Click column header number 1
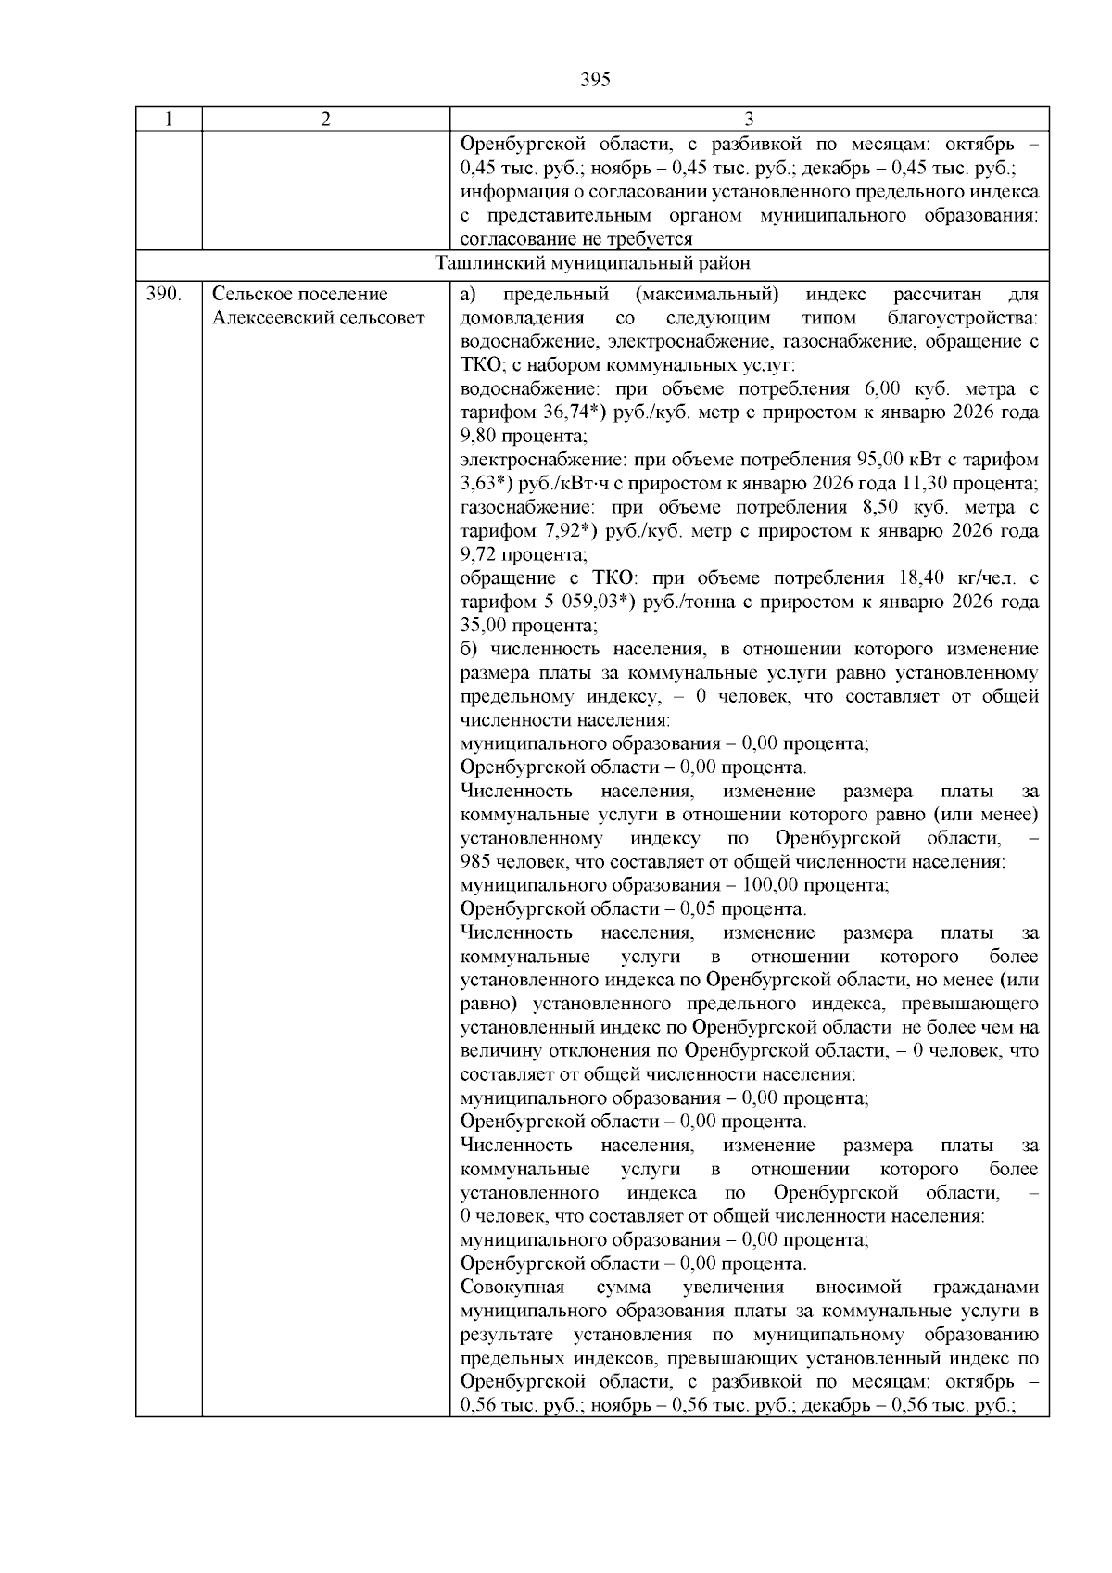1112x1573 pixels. pos(169,119)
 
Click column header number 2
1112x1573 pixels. pos(325,119)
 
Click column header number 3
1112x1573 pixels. pos(749,119)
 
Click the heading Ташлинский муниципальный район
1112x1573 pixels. pos(593,264)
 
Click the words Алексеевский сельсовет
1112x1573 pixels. pos(318,319)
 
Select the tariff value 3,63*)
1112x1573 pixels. pos(487,484)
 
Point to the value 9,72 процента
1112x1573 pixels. pos(524,555)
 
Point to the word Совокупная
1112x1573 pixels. pos(512,1288)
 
